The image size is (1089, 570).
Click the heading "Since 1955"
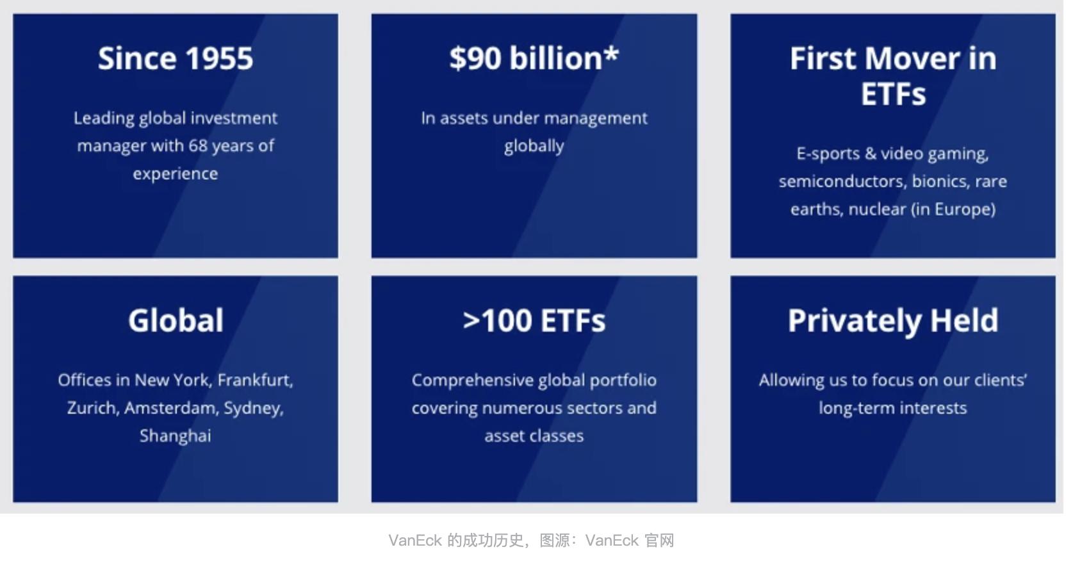pos(176,58)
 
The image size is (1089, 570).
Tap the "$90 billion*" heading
pos(534,58)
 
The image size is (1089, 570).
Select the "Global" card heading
pos(176,320)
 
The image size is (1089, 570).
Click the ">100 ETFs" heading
pos(534,321)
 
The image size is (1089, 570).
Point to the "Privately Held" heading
pos(893,322)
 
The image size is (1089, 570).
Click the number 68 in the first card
pos(198,145)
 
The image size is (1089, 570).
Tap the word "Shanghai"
pos(176,436)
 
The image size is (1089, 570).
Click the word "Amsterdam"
pos(172,408)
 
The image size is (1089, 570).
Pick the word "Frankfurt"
pos(255,380)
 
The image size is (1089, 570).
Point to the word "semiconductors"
pos(843,181)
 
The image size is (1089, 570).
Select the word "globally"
pos(534,146)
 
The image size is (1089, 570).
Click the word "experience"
pos(176,174)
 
